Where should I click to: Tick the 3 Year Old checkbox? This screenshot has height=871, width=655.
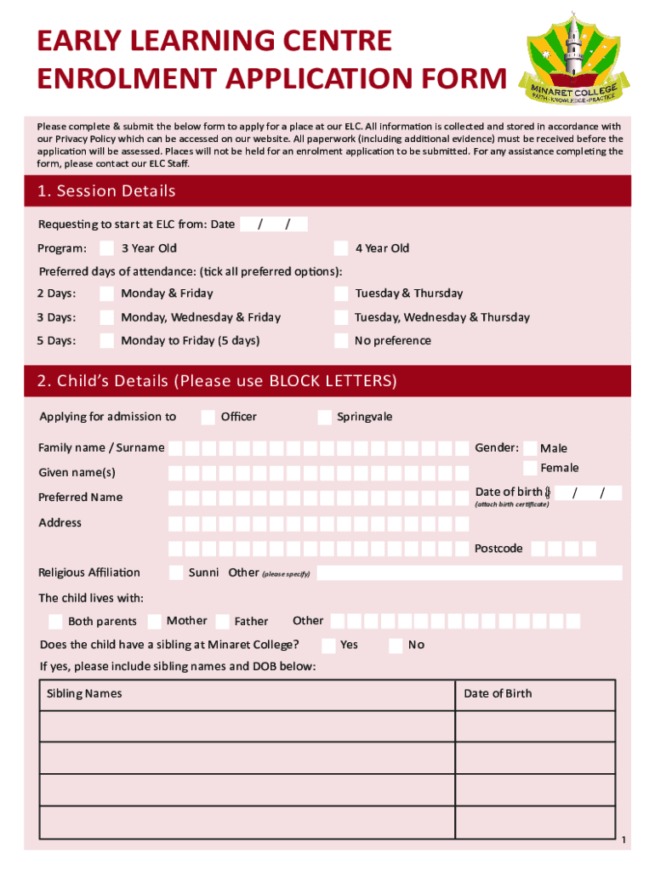click(x=107, y=248)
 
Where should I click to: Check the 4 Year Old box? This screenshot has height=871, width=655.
click(x=340, y=248)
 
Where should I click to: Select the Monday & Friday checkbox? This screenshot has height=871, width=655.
click(x=107, y=293)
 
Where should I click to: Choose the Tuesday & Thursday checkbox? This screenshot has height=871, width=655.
click(x=340, y=293)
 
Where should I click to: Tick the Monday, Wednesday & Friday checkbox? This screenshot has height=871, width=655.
click(x=107, y=317)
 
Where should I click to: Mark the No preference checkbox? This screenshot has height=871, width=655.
click(x=340, y=341)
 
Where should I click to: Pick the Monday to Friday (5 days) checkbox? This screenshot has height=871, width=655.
click(x=107, y=341)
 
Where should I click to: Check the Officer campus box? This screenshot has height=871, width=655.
click(x=208, y=417)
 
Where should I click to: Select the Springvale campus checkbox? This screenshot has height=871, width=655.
click(x=324, y=417)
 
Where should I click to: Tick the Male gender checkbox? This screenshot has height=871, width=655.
click(x=530, y=448)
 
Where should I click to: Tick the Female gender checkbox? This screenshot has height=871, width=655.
click(x=530, y=468)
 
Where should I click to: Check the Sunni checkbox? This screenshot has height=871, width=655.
click(x=176, y=572)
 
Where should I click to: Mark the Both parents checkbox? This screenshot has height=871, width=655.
click(x=55, y=622)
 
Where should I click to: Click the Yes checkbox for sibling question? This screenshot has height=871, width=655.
click(x=327, y=645)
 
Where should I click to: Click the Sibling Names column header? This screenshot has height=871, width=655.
click(x=84, y=694)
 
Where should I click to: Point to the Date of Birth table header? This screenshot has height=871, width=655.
click(x=498, y=694)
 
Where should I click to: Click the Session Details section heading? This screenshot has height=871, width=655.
click(x=106, y=191)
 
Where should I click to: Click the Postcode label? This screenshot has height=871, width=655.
click(x=498, y=549)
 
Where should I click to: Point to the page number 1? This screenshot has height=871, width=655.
click(x=624, y=841)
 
